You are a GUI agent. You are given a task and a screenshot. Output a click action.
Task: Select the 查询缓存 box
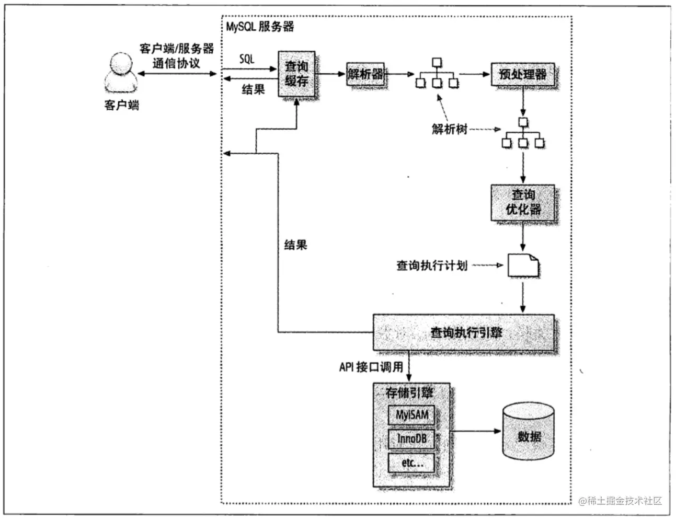pyautogui.click(x=296, y=74)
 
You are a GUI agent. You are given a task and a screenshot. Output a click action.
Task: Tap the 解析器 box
pyautogui.click(x=366, y=74)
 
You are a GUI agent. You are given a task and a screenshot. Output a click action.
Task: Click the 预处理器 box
pyautogui.click(x=522, y=74)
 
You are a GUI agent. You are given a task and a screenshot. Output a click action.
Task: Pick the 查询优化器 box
pyautogui.click(x=522, y=202)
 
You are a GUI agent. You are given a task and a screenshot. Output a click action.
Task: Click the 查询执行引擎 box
pyautogui.click(x=463, y=332)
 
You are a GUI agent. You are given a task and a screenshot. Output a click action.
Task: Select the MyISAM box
pyautogui.click(x=411, y=415)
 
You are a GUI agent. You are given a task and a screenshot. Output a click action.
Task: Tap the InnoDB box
pyautogui.click(x=411, y=438)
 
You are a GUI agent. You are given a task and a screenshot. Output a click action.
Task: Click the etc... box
pyautogui.click(x=411, y=463)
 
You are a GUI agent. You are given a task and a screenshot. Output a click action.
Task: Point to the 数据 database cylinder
pyautogui.click(x=528, y=432)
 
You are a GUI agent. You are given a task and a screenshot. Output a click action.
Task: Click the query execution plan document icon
pyautogui.click(x=523, y=265)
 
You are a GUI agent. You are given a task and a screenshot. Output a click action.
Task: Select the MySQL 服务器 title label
pyautogui.click(x=260, y=27)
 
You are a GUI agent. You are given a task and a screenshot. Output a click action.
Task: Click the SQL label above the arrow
pyautogui.click(x=247, y=59)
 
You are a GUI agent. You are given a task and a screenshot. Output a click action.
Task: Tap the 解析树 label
pyautogui.click(x=449, y=129)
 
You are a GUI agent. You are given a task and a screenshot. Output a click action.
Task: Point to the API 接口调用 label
pyautogui.click(x=371, y=367)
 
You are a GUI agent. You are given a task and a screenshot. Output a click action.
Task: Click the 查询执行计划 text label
pyautogui.click(x=431, y=265)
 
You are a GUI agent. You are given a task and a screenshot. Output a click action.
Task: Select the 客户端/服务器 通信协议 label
pyautogui.click(x=176, y=56)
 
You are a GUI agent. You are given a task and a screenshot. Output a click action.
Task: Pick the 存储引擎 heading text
pyautogui.click(x=409, y=393)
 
